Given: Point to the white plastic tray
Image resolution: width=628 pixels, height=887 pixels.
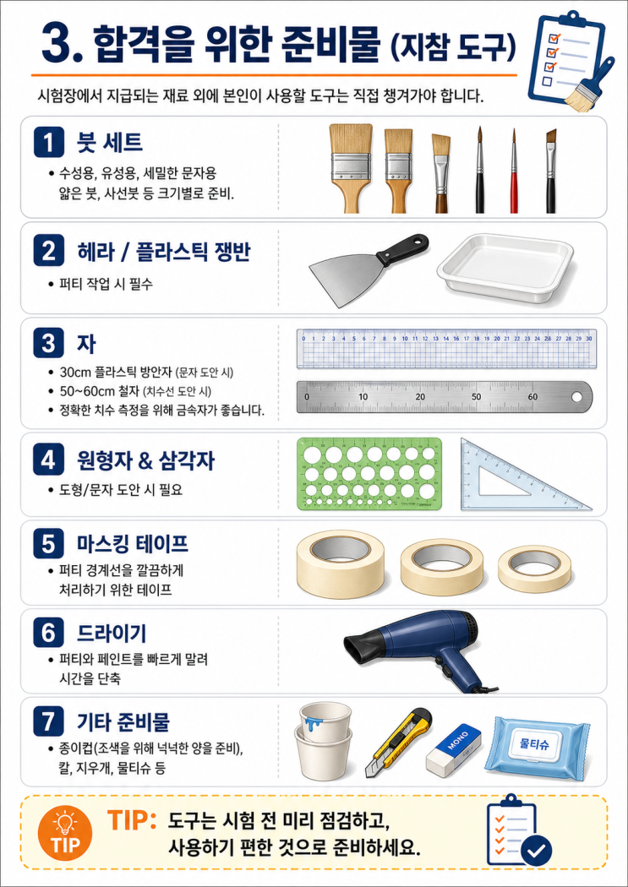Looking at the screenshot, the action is pyautogui.click(x=505, y=263).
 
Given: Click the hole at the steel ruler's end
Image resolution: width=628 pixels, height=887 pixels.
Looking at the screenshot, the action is pyautogui.click(x=576, y=396).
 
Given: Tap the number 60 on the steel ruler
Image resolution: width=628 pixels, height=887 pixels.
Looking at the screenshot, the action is pyautogui.click(x=532, y=396).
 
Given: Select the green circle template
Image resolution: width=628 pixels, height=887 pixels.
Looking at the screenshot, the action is pyautogui.click(x=369, y=475).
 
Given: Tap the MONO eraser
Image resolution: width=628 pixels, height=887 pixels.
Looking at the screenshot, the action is pyautogui.click(x=453, y=751).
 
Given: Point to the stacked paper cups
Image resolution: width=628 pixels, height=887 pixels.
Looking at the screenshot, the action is pyautogui.click(x=323, y=741).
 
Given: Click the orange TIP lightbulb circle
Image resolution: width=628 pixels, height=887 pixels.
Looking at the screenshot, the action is pyautogui.click(x=66, y=831).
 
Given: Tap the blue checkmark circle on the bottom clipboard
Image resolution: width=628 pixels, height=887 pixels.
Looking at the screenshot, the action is pyautogui.click(x=536, y=850).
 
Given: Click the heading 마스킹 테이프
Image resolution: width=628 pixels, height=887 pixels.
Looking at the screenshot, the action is pyautogui.click(x=133, y=544).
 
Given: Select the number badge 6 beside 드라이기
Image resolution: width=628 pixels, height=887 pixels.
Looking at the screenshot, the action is pyautogui.click(x=48, y=634).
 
